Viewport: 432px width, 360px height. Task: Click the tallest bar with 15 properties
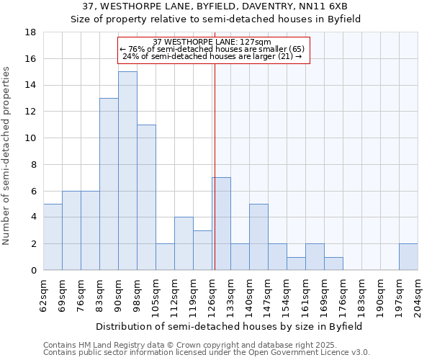point(127,171)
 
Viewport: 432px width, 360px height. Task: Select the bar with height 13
point(109,184)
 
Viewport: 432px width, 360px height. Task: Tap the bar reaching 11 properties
point(146,197)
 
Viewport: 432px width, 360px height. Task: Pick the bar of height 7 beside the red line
point(221,223)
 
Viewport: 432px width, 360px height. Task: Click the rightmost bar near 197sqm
point(408,257)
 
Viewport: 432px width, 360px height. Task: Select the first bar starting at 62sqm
point(53,237)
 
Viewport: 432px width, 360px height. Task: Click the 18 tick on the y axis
point(30,32)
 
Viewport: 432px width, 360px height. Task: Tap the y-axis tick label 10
point(30,138)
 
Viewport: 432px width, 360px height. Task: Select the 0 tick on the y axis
point(33,271)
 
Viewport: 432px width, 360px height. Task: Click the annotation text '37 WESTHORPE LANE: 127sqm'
point(212,42)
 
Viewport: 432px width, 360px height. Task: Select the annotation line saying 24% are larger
point(212,56)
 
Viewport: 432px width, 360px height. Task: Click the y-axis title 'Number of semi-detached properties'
point(7,156)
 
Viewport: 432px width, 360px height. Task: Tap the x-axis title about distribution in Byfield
point(229,326)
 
